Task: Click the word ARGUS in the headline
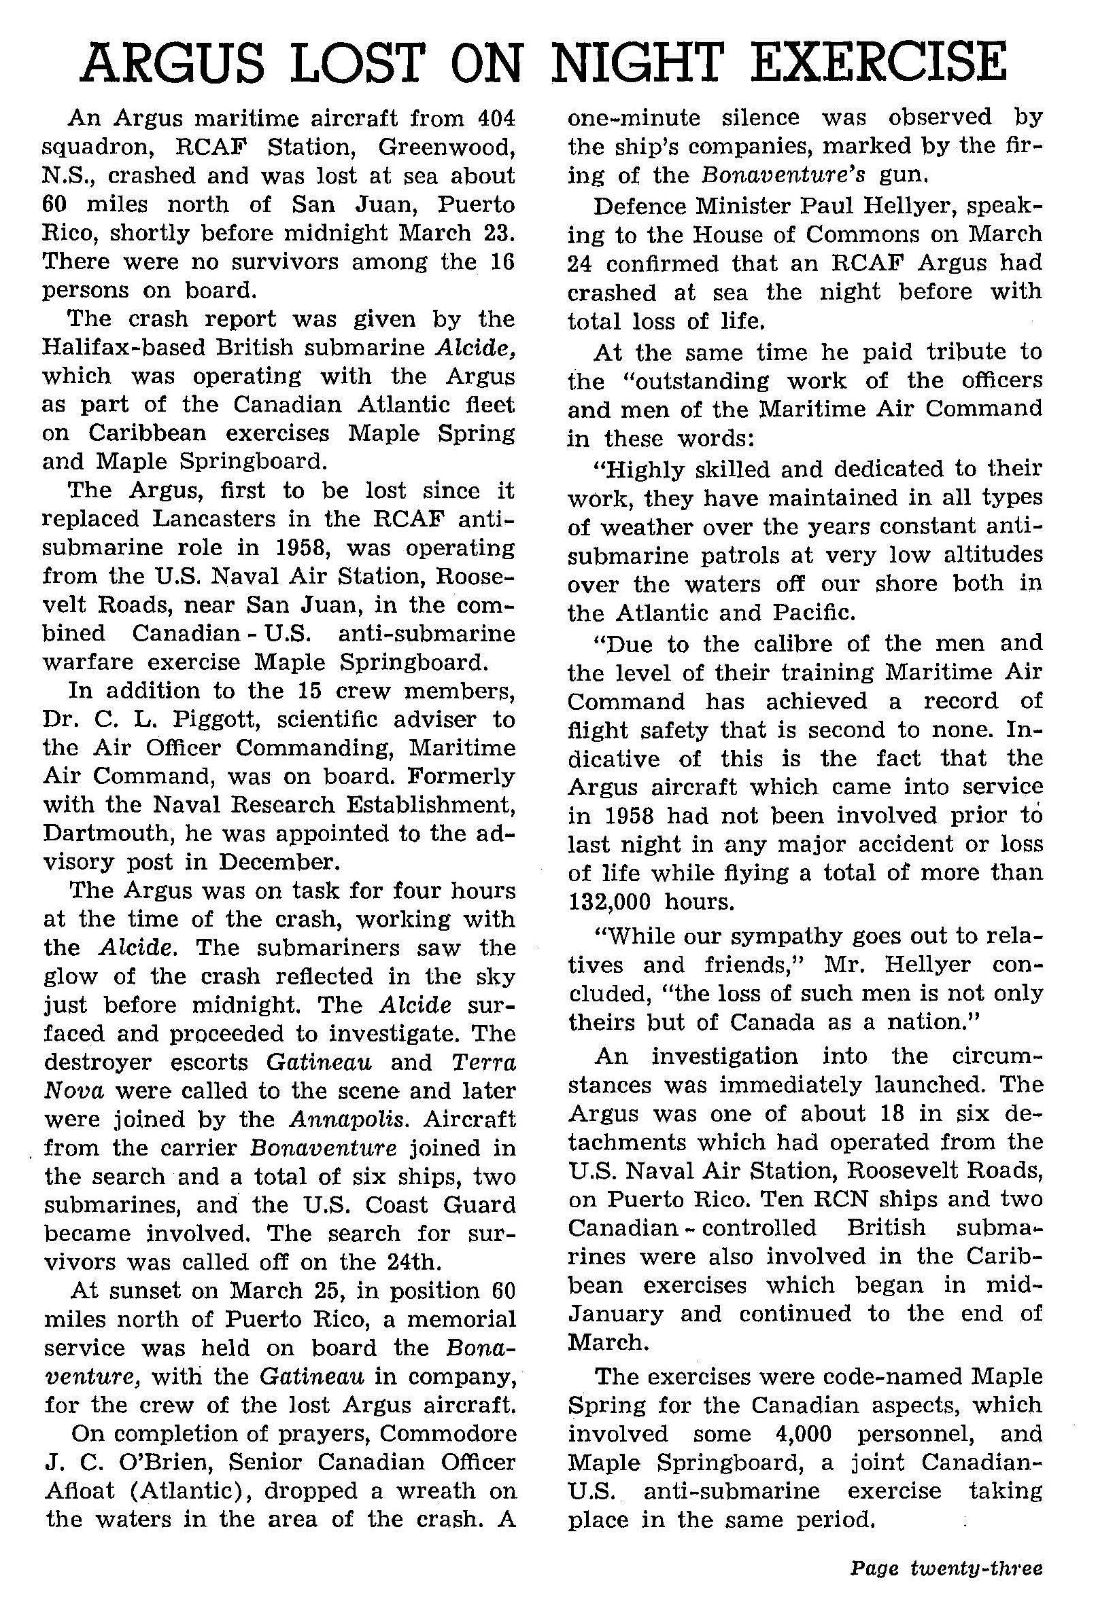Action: click(x=172, y=62)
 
